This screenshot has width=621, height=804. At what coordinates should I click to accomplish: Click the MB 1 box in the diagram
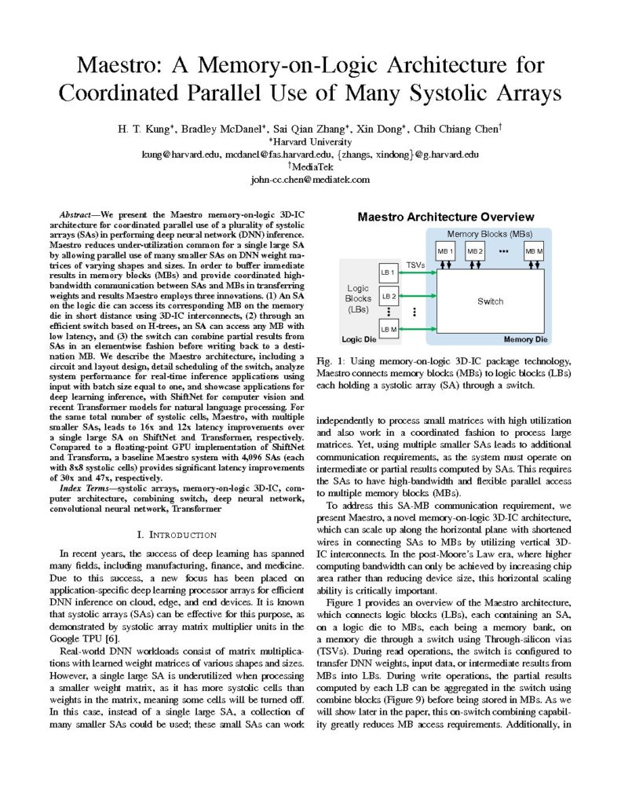(446, 251)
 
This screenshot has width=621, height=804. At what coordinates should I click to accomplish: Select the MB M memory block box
(534, 251)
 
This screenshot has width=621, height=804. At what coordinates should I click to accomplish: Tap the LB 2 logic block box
(389, 297)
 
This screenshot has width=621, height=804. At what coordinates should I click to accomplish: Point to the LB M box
(389, 328)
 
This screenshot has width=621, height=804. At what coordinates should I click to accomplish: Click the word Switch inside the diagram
(490, 301)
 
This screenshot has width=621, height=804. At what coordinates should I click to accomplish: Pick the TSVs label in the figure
(416, 265)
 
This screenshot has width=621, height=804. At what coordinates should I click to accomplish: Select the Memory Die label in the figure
(530, 340)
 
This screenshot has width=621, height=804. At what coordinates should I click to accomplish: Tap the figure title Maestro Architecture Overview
(446, 217)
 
